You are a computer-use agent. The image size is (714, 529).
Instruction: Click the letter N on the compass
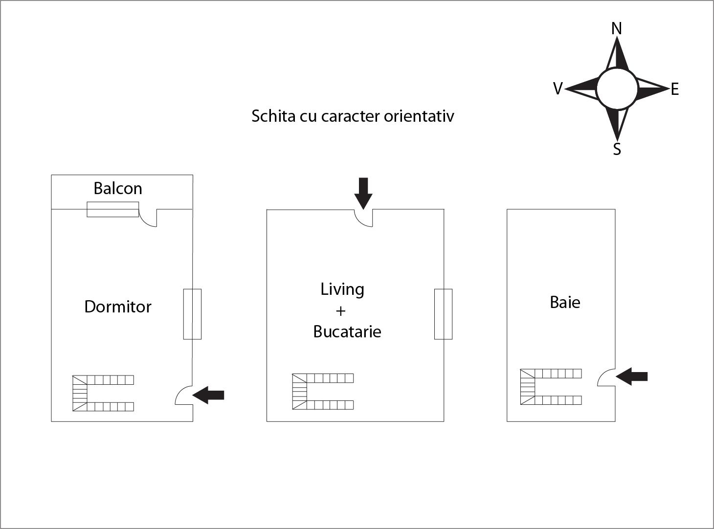pyautogui.click(x=617, y=29)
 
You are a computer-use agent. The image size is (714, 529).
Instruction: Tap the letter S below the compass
pyautogui.click(x=617, y=149)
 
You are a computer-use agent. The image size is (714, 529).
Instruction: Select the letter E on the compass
pyautogui.click(x=675, y=89)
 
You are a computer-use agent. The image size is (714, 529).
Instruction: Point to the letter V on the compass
pyautogui.click(x=558, y=88)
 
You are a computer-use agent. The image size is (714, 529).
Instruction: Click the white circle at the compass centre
pyautogui.click(x=617, y=88)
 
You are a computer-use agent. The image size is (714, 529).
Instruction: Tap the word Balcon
pyautogui.click(x=118, y=189)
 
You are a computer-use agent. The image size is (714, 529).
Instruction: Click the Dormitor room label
pyautogui.click(x=118, y=307)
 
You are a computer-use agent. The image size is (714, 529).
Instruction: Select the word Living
pyautogui.click(x=342, y=289)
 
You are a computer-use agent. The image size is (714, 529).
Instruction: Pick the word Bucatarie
pyautogui.click(x=347, y=332)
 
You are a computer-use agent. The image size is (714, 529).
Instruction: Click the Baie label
pyautogui.click(x=565, y=303)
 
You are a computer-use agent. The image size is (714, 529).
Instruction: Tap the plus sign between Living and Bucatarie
pyautogui.click(x=341, y=311)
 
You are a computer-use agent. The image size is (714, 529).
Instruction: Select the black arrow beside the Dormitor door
pyautogui.click(x=209, y=395)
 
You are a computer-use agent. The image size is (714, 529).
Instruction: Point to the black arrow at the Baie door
pyautogui.click(x=632, y=376)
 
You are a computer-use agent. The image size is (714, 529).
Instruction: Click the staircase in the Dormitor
pyautogui.click(x=103, y=393)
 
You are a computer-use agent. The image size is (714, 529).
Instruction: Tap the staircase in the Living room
pyautogui.click(x=323, y=392)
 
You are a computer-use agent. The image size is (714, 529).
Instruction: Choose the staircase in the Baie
pyautogui.click(x=551, y=387)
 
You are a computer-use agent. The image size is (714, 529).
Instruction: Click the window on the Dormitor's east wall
pyautogui.click(x=192, y=314)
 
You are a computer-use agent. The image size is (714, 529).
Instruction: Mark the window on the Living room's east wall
pyautogui.click(x=443, y=314)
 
